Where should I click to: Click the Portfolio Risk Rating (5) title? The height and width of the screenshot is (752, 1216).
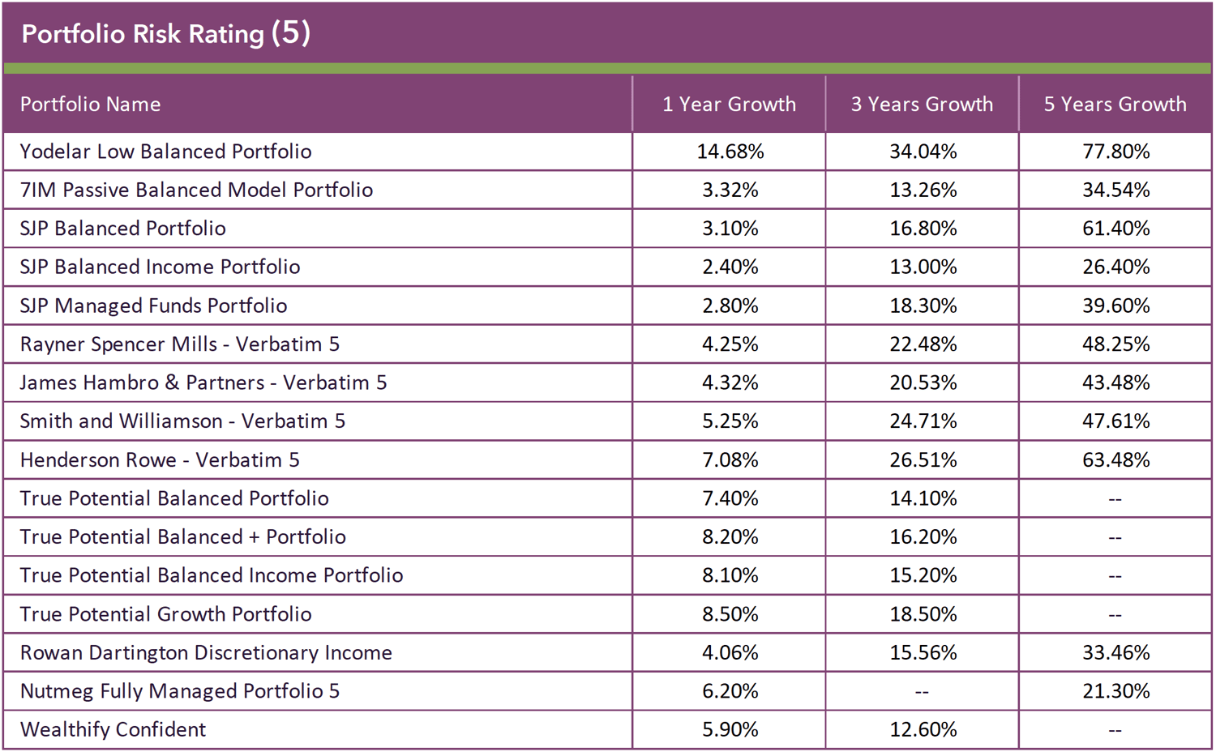pos(165,34)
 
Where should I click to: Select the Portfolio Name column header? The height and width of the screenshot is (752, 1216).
pos(90,105)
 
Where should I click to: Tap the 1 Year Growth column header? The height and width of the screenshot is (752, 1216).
pos(729,105)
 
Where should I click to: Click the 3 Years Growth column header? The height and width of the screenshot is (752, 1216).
pos(922,105)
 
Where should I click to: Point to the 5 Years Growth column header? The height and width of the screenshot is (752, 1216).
pos(1115,105)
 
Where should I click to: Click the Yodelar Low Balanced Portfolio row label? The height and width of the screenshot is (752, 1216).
pos(165,152)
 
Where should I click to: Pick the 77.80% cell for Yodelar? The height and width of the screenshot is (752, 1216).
pos(1115,152)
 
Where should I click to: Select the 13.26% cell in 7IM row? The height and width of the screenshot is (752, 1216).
pos(923,190)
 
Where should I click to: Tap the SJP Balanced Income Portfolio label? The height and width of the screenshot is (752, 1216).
pos(160,267)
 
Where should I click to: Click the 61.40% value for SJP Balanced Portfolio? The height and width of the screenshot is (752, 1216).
pos(1115,229)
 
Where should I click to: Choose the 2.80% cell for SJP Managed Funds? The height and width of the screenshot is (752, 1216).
pos(730,305)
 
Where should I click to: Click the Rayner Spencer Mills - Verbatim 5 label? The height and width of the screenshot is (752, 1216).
pos(179,344)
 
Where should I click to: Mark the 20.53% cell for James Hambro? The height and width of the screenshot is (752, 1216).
pos(923,382)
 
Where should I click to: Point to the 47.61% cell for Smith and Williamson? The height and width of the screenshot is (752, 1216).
pos(1115,421)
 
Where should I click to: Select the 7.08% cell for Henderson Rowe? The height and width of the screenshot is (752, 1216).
pos(730,460)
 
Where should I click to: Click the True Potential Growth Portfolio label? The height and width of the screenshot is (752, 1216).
pos(165,614)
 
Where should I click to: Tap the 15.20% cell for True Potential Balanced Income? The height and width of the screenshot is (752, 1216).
pos(923,575)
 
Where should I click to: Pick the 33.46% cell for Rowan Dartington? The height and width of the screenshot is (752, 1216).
pos(1115,652)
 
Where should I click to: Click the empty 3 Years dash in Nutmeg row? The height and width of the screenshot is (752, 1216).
pos(922,692)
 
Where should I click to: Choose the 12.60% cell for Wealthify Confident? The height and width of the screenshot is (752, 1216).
pos(923,730)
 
